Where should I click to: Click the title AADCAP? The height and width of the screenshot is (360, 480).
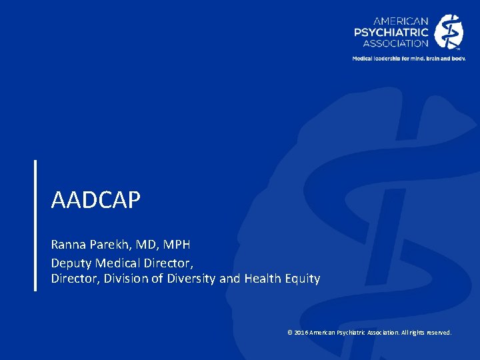(96, 200)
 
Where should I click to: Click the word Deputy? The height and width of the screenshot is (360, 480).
(70, 262)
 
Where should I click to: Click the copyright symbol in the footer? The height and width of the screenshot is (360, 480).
(289, 332)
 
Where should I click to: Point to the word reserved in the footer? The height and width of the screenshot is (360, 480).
(437, 332)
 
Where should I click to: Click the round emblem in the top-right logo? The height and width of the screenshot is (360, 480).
(449, 32)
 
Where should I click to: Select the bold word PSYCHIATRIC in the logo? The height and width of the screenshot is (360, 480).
(391, 32)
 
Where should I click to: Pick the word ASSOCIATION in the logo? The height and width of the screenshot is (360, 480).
(395, 43)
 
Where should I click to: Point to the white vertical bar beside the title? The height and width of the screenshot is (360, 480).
(35, 225)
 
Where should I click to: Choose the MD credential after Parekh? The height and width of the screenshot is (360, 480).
(143, 245)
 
